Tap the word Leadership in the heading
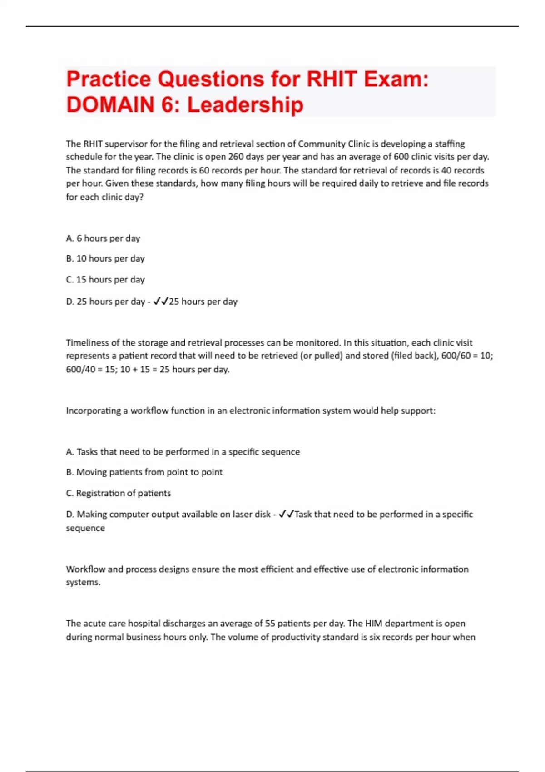pos(245,105)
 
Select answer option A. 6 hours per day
pos(103,238)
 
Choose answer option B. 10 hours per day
pos(105,258)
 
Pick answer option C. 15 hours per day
pos(105,279)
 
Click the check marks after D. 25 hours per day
pos(161,301)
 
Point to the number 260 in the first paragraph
pos(236,157)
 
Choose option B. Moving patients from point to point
pos(144,472)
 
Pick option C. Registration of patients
pos(119,493)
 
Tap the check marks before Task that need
pos(286,514)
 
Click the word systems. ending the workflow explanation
pos(83,582)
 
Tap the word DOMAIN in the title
pos(110,105)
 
